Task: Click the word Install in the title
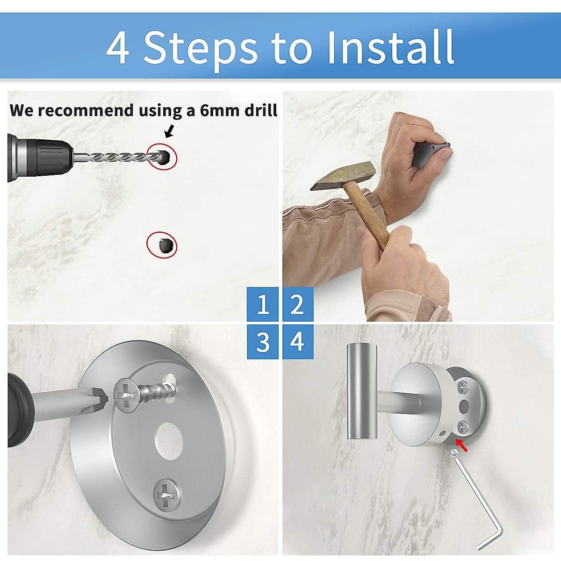point(390,47)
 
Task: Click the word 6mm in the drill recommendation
point(219,110)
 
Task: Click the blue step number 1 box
point(263,304)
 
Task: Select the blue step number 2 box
point(297,304)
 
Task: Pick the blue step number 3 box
point(263,342)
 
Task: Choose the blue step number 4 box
point(297,342)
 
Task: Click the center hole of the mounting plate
point(169,439)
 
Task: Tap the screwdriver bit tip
point(101,398)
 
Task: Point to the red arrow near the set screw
point(461,445)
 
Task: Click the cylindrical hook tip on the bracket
point(361,391)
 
